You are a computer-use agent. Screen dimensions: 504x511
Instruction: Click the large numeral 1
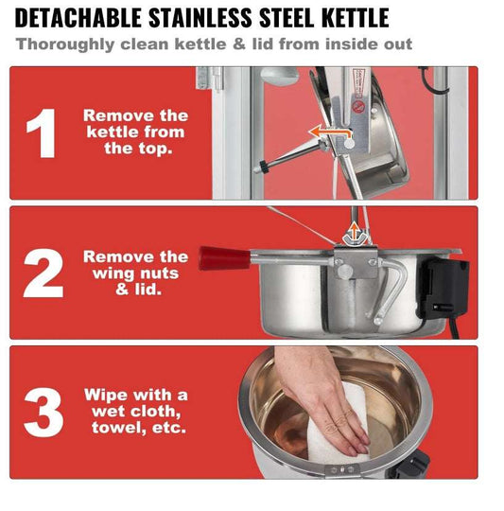(x=42, y=133)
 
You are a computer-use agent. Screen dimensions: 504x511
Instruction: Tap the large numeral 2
(x=43, y=273)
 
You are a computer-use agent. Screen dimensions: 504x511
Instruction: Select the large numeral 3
(x=43, y=413)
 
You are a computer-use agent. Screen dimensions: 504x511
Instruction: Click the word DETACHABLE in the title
(x=78, y=18)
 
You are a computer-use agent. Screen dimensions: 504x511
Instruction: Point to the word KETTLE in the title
(x=356, y=18)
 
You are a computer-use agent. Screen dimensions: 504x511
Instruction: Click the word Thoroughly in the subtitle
(x=65, y=44)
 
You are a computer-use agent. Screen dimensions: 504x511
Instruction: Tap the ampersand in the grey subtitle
(x=239, y=44)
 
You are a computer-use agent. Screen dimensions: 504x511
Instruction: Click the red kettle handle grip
(x=225, y=258)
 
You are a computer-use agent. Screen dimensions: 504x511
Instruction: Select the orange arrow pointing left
(x=330, y=131)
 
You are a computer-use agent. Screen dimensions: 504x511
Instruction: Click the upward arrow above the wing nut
(x=355, y=230)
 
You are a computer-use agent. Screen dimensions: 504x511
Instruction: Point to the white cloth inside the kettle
(x=339, y=424)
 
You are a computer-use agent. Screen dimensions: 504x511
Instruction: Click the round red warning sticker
(x=358, y=106)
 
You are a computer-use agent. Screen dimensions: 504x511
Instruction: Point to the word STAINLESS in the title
(x=200, y=18)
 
